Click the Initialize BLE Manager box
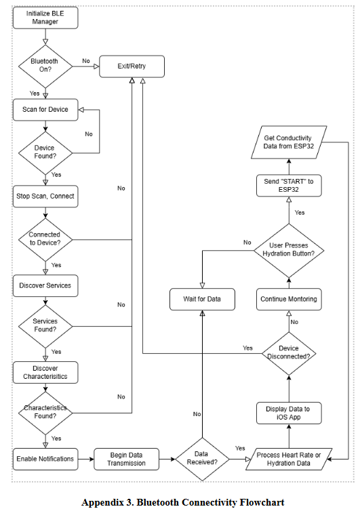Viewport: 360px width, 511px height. point(45,18)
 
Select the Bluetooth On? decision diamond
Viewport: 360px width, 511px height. point(45,66)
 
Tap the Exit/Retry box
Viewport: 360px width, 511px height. point(132,66)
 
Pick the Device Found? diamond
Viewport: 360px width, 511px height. point(45,152)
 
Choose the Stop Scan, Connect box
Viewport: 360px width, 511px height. point(45,197)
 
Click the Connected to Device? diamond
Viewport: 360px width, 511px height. point(45,239)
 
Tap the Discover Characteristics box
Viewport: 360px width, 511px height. point(45,371)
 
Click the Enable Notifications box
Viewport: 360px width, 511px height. point(45,459)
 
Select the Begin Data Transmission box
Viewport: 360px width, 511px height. point(125,459)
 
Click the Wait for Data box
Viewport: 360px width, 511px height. point(201,298)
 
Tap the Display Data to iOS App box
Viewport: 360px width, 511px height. point(289,412)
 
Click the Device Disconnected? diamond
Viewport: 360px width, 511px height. point(289,352)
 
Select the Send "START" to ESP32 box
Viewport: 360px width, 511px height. point(289,186)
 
